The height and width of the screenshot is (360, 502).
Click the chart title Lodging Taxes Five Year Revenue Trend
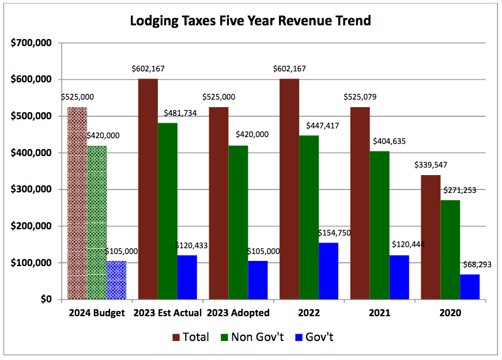point(250,21)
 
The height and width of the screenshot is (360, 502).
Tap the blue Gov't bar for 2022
point(329,271)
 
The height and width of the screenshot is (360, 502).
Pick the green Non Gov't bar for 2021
point(379,225)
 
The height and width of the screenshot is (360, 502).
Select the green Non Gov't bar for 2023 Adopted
point(238,222)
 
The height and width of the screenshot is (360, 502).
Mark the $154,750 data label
point(334,233)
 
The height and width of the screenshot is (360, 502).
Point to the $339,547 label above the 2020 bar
point(431,165)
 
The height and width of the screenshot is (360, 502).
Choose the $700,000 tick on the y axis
point(32,43)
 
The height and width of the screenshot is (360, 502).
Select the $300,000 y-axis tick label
point(32,190)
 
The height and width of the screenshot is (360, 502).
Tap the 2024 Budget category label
point(97,313)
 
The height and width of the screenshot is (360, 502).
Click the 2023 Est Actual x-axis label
point(167,313)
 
